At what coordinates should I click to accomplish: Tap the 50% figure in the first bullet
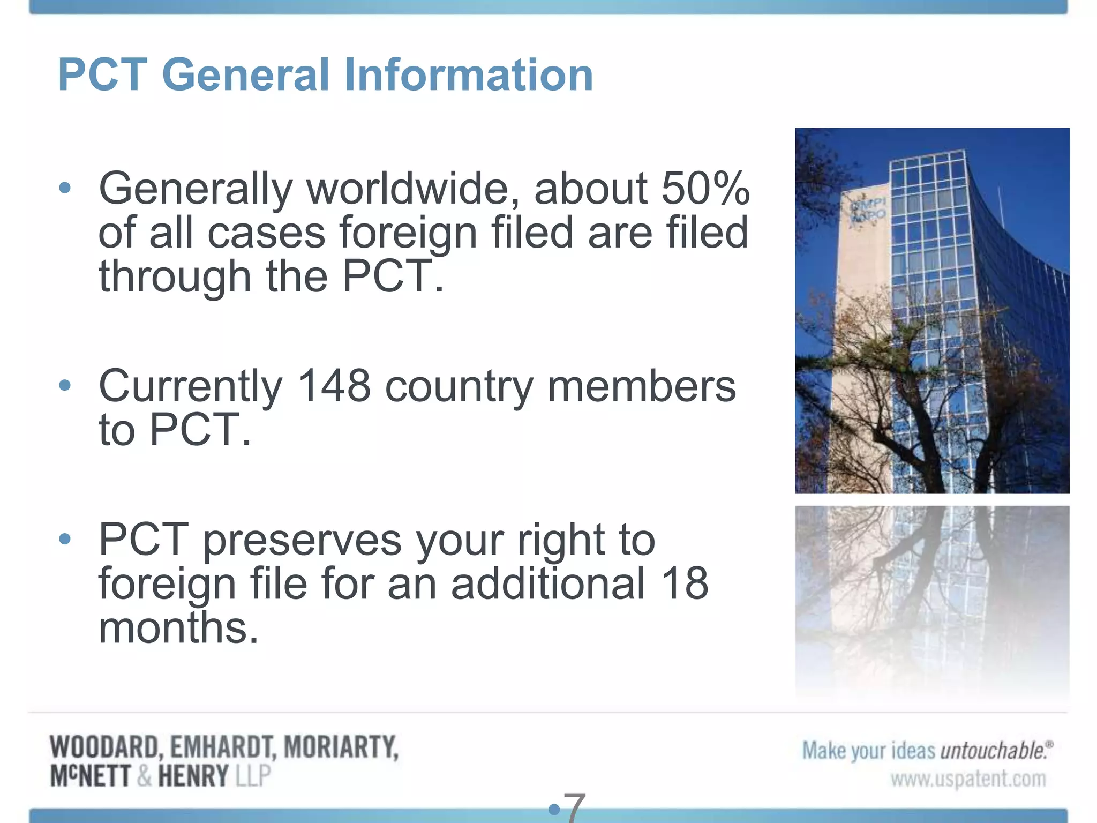(x=705, y=189)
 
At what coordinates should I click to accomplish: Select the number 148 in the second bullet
(x=333, y=386)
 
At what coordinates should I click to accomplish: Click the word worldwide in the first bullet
(x=412, y=189)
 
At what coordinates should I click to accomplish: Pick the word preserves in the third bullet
(x=302, y=540)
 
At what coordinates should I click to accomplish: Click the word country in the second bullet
(x=459, y=387)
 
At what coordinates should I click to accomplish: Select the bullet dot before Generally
(x=65, y=188)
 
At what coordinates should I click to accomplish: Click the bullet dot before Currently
(x=65, y=385)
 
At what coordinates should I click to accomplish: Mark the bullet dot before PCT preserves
(x=65, y=538)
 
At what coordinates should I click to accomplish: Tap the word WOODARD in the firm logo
(x=103, y=747)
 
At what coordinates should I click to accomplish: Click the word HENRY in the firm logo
(x=193, y=776)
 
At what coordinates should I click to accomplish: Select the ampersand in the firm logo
(x=144, y=776)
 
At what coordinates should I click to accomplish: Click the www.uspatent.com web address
(x=968, y=779)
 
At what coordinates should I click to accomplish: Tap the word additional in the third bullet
(x=547, y=583)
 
